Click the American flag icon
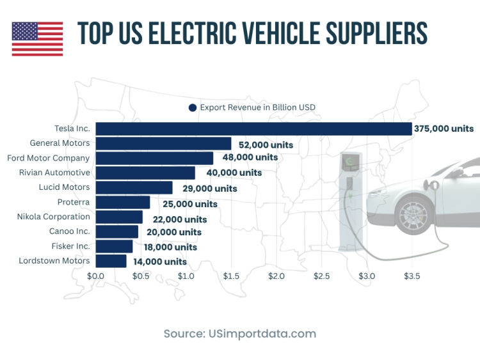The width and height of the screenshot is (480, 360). (37, 39)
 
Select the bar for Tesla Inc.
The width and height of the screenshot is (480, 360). (253, 129)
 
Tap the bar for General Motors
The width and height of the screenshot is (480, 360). (163, 143)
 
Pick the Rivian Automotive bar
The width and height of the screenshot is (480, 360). (145, 173)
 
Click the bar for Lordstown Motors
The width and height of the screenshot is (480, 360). (111, 261)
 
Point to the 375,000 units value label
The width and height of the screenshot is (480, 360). (444, 129)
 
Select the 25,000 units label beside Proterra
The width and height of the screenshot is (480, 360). (189, 204)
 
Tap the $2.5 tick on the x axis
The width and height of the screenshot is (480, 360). (321, 276)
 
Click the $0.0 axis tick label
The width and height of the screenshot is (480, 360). (95, 276)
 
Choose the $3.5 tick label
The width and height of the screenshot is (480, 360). (412, 276)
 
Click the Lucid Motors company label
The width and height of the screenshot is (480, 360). (65, 187)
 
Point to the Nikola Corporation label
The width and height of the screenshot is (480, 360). (54, 217)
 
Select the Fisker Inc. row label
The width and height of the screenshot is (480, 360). (71, 246)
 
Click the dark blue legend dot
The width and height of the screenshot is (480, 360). (192, 107)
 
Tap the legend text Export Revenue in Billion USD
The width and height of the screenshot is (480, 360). (257, 107)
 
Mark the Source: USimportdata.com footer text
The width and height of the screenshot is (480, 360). (239, 334)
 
